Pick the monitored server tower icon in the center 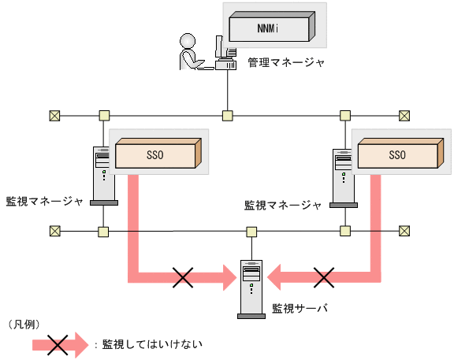pos(251,288)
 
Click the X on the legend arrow pos(56,343)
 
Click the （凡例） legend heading pos(24,324)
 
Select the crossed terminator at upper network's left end pos(54,116)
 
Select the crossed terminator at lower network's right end pos(404,231)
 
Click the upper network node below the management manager pos(227,116)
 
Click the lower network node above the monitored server pos(251,232)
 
